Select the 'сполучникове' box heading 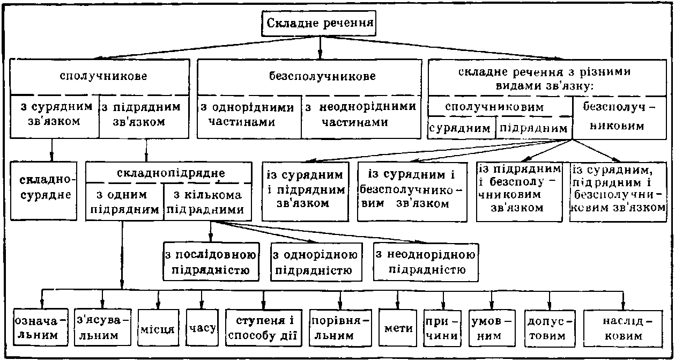[x=100, y=76]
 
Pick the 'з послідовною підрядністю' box [x=211, y=261]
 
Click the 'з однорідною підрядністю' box [x=314, y=261]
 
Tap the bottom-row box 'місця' [x=157, y=328]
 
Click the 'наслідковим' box [x=622, y=328]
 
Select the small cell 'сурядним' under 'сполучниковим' [x=462, y=129]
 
